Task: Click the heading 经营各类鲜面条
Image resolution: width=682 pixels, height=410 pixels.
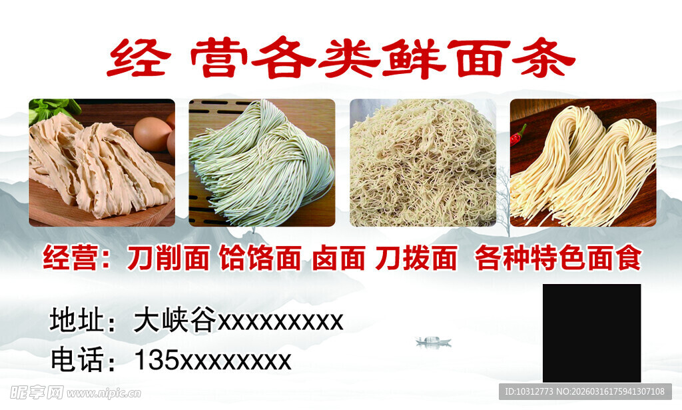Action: click(x=340, y=59)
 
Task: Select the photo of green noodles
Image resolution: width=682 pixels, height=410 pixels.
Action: click(x=262, y=163)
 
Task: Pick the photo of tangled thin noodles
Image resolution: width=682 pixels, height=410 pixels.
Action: click(x=422, y=163)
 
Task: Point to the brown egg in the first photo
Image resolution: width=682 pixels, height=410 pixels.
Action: click(x=153, y=133)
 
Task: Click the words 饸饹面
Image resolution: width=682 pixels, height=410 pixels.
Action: click(x=260, y=259)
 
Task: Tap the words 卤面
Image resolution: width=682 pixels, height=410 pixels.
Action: click(x=338, y=259)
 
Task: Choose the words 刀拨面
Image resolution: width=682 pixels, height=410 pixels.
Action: click(x=416, y=259)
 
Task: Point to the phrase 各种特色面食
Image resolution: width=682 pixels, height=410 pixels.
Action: click(x=558, y=259)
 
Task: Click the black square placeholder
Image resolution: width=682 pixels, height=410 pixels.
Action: click(x=591, y=333)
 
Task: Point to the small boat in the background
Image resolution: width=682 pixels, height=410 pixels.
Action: click(x=433, y=341)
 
